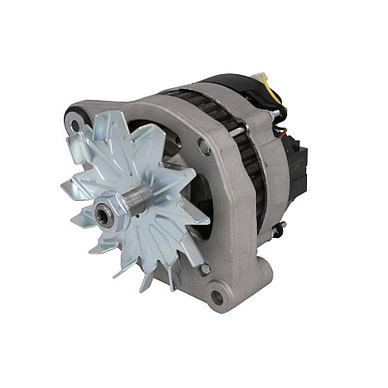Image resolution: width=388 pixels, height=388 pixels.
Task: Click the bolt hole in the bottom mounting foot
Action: [x=217, y=298]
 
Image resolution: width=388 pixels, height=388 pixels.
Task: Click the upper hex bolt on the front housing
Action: [x=204, y=147]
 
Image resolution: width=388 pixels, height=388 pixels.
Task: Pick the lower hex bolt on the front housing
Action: [x=203, y=270]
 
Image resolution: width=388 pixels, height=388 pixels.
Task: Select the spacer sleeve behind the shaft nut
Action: [x=129, y=203]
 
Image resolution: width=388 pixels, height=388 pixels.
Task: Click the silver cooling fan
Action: [x=147, y=207]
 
